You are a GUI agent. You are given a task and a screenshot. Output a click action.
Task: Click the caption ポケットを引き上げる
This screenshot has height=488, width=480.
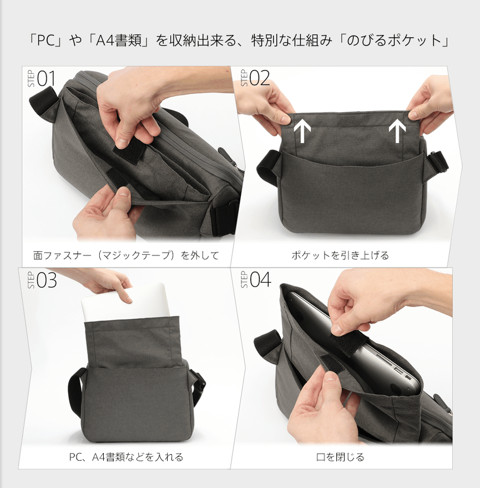[340, 256]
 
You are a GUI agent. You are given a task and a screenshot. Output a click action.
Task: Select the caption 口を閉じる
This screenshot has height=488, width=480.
[340, 457]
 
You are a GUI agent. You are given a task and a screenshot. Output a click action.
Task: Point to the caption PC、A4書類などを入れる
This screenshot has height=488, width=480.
[126, 457]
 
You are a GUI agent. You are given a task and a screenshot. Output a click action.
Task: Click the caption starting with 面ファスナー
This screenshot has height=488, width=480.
[126, 256]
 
